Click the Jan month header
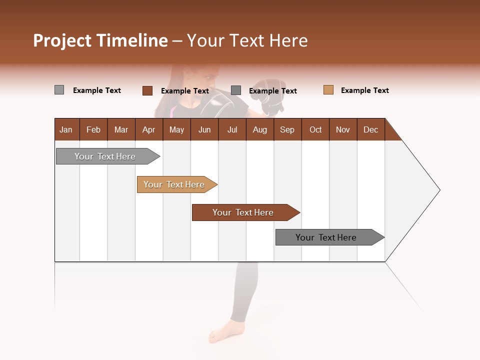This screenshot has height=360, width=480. point(66,129)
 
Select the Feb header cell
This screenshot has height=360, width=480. point(93,129)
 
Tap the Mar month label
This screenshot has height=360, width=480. point(121,129)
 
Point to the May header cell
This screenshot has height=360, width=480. point(176,129)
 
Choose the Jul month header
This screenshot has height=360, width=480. point(232,129)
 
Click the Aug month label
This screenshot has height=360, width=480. point(259,129)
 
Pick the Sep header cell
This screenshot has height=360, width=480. point(287,129)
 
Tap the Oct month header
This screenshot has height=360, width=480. point(315,129)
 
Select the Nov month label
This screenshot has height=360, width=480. point(343,129)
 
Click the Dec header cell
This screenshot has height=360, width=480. point(370,129)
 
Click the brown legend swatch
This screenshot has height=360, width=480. point(147,90)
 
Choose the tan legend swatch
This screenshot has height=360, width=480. point(328,90)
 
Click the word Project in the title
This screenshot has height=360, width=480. point(62,40)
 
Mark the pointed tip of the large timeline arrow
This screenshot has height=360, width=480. point(439,190)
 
